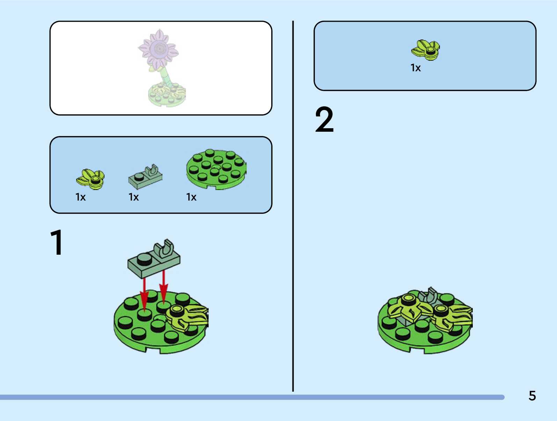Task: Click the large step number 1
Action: [57, 243]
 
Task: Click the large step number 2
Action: [324, 120]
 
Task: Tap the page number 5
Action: [532, 396]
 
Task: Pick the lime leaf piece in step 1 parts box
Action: [90, 179]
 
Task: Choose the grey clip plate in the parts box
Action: [145, 176]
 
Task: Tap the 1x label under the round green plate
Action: [191, 197]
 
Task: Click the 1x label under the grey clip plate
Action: [133, 197]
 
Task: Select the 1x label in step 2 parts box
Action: [415, 68]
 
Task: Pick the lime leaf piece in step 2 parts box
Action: [426, 50]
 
